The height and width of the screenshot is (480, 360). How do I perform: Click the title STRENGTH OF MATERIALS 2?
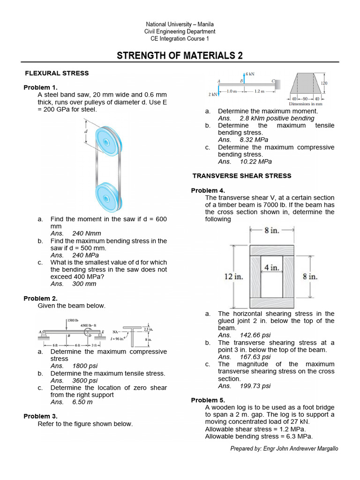[x=180, y=56]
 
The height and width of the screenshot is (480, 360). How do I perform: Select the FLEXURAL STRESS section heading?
[x=56, y=73]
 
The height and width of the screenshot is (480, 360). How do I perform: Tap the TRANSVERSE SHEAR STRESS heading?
[x=242, y=176]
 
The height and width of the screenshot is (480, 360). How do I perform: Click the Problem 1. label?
[x=40, y=88]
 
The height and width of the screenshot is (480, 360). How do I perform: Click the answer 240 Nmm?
[x=86, y=233]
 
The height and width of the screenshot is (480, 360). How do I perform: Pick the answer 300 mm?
[x=84, y=284]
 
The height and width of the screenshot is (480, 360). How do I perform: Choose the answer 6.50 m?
[x=82, y=402]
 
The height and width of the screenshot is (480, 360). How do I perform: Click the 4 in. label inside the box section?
[x=271, y=268]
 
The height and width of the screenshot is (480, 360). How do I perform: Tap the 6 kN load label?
[x=250, y=74]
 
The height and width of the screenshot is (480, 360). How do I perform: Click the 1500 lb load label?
[x=72, y=320]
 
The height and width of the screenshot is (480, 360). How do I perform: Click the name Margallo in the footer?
[x=325, y=449]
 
